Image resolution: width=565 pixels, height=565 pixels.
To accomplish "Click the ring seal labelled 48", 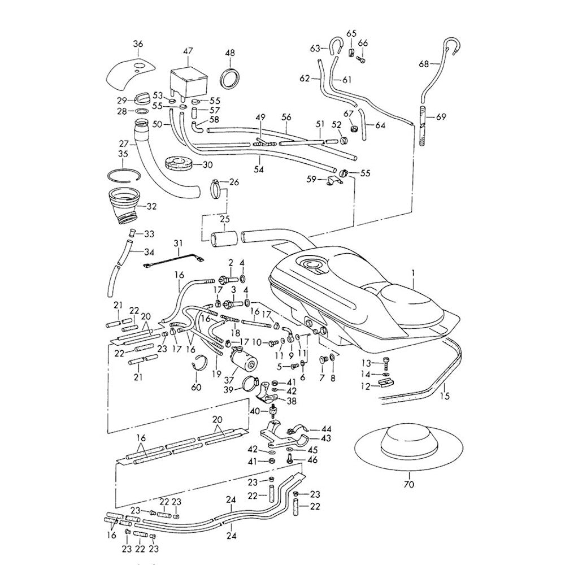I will (230, 78).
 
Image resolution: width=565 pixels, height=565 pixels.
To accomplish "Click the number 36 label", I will (138, 44).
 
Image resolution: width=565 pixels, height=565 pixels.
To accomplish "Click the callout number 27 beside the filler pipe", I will (123, 144).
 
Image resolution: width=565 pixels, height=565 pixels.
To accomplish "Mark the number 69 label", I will (441, 118).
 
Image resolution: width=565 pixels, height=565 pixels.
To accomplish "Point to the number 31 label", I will (179, 244).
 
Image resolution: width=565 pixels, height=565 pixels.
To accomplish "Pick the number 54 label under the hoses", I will (259, 168).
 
